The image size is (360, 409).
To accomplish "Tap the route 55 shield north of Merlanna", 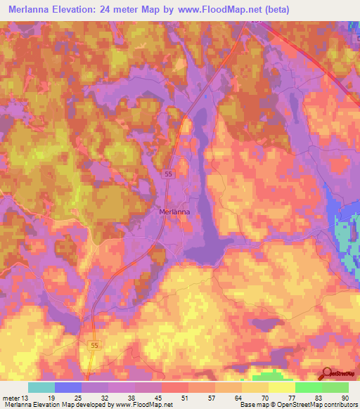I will [168, 174].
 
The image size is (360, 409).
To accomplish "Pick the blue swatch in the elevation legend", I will [67, 387].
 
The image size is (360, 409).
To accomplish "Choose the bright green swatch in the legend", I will [309, 387].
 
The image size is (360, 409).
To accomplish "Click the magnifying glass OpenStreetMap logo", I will [327, 373].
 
